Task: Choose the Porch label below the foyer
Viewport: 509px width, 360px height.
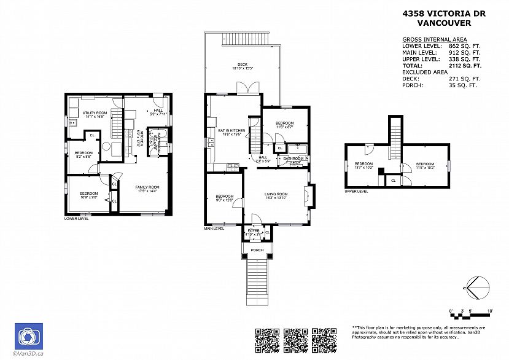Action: [257, 250]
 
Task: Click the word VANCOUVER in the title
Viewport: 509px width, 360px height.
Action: [444, 23]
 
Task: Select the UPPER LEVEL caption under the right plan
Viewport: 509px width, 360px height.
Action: [356, 191]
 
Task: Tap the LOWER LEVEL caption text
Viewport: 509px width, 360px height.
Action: [76, 218]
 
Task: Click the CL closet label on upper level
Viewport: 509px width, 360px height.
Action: [393, 180]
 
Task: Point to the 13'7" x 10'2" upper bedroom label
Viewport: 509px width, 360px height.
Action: [364, 165]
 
